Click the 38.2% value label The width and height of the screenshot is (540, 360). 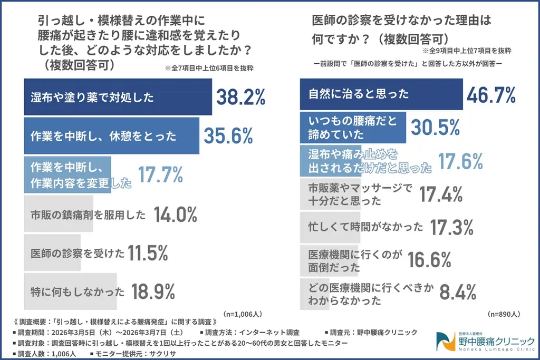coord(240,96)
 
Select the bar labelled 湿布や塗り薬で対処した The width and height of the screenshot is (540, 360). coord(118,97)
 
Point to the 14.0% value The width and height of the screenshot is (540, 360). coord(176,215)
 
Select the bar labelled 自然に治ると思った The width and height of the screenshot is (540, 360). coord(381,94)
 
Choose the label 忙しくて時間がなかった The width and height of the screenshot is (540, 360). coord(365,227)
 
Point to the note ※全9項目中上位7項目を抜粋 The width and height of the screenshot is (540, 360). coord(466,51)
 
